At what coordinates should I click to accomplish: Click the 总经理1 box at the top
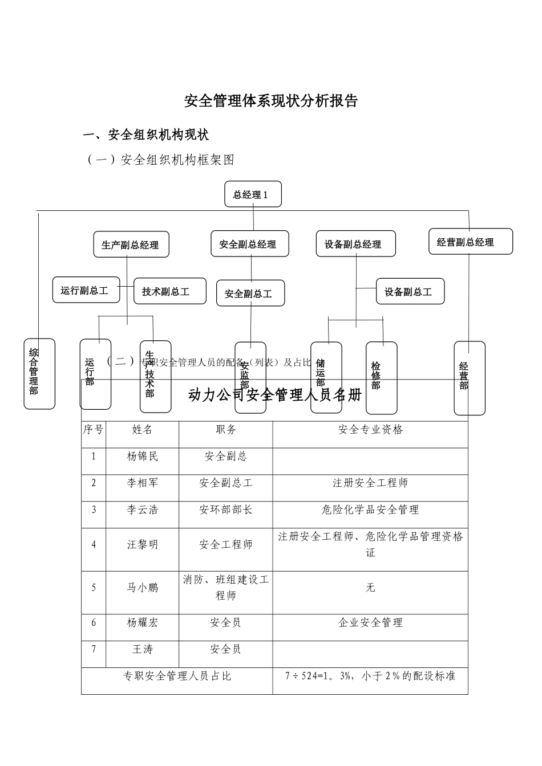(253, 195)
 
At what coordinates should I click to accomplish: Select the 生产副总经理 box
(131, 245)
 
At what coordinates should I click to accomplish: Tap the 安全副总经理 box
(249, 244)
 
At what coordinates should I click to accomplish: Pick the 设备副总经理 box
(355, 244)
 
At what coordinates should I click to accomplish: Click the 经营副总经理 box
(470, 242)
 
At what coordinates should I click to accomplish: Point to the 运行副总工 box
(86, 291)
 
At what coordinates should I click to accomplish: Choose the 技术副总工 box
(169, 291)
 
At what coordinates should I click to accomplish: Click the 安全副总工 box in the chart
(250, 294)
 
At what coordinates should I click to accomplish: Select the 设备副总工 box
(410, 292)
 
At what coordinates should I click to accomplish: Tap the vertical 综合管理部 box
(39, 373)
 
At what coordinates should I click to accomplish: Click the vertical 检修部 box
(381, 377)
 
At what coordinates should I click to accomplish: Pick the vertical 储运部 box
(326, 377)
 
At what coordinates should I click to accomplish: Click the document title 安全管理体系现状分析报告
(270, 101)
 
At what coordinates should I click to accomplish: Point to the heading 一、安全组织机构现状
(146, 135)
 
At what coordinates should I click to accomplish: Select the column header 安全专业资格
(370, 430)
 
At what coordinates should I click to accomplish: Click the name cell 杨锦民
(142, 457)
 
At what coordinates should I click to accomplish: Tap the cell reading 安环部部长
(225, 510)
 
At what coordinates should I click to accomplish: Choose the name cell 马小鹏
(142, 588)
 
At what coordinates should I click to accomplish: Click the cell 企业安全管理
(370, 622)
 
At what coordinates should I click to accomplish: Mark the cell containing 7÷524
(370, 677)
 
